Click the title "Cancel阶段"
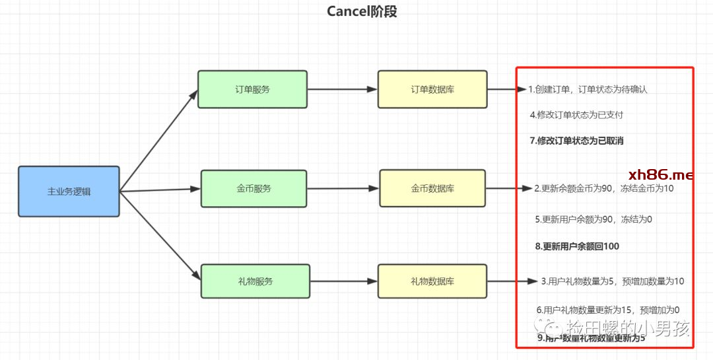point(362,11)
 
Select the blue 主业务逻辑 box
point(69,192)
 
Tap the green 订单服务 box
point(252,89)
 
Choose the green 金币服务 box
point(254,188)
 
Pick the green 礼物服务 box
point(255,281)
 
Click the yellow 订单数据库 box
point(432,89)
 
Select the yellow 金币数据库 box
point(432,188)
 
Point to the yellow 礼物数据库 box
point(432,281)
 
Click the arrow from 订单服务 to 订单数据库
point(343,89)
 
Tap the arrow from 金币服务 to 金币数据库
point(343,188)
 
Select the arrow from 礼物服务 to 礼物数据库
point(343,281)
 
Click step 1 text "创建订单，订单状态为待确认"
point(588,89)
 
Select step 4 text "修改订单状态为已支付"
point(576,115)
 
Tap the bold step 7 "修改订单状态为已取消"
point(577,140)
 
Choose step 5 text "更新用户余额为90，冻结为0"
point(594,219)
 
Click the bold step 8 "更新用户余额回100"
point(577,246)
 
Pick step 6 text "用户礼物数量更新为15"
point(607,309)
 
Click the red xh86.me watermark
point(661,175)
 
